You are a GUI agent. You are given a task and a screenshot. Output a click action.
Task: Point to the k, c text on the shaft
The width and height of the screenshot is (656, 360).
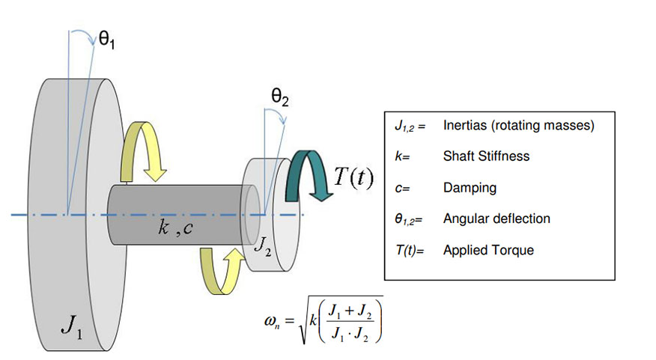177,227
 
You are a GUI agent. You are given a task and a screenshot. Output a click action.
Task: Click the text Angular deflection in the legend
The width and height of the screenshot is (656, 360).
496,219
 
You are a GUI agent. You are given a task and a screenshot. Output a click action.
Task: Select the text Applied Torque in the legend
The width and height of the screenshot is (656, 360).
488,250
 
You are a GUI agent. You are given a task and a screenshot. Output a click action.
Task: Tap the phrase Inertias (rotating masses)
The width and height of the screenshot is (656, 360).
518,126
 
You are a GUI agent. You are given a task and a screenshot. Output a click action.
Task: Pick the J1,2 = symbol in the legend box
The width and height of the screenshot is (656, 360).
410,126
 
